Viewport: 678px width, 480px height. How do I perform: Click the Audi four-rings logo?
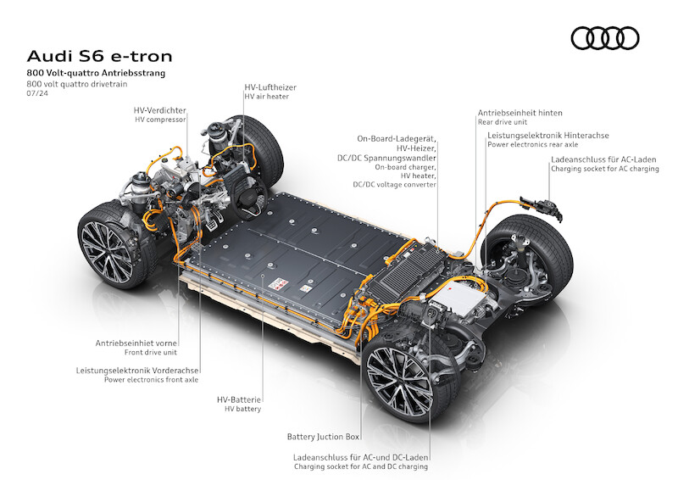pyautogui.click(x=605, y=38)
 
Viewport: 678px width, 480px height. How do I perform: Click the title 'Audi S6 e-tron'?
pyautogui.click(x=99, y=56)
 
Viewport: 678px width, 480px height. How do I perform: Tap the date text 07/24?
pyautogui.click(x=37, y=93)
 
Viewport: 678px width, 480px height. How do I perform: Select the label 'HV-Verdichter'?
pyautogui.click(x=159, y=110)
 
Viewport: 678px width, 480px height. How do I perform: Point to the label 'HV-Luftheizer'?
pyautogui.click(x=270, y=87)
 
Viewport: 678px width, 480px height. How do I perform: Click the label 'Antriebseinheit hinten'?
pyautogui.click(x=520, y=113)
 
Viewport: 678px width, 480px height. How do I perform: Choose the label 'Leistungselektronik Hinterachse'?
pyautogui.click(x=547, y=136)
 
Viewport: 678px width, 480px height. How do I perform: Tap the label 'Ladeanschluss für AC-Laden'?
pyautogui.click(x=603, y=159)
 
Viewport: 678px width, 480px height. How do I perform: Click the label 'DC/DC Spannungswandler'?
pyautogui.click(x=386, y=158)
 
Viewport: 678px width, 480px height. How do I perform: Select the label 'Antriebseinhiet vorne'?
pyautogui.click(x=136, y=343)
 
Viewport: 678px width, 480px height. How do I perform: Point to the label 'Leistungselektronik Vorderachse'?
pyautogui.click(x=137, y=371)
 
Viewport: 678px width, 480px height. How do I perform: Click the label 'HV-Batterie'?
pyautogui.click(x=239, y=399)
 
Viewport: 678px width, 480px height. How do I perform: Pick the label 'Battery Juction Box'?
pyautogui.click(x=323, y=437)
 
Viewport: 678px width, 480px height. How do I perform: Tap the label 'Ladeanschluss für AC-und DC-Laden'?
pyautogui.click(x=361, y=457)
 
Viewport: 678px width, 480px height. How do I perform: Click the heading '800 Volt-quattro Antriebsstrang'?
pyautogui.click(x=96, y=73)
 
